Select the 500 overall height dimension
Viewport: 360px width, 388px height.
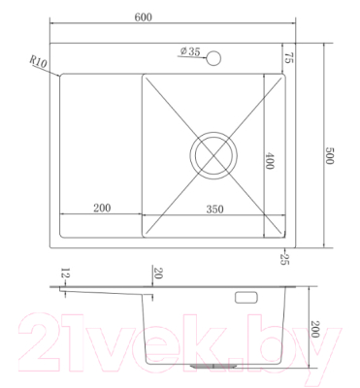[329, 153]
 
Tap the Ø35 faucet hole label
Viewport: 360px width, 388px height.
[190, 52]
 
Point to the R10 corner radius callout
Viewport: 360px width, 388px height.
[39, 63]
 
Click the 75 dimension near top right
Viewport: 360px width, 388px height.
[288, 56]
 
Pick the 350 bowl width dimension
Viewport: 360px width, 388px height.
[208, 208]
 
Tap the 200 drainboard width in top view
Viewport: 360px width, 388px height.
[101, 208]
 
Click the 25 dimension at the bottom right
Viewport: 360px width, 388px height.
[284, 257]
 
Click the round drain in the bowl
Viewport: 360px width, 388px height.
[213, 154]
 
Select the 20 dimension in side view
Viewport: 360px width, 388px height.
[156, 275]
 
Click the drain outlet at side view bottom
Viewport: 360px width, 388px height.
[215, 367]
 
